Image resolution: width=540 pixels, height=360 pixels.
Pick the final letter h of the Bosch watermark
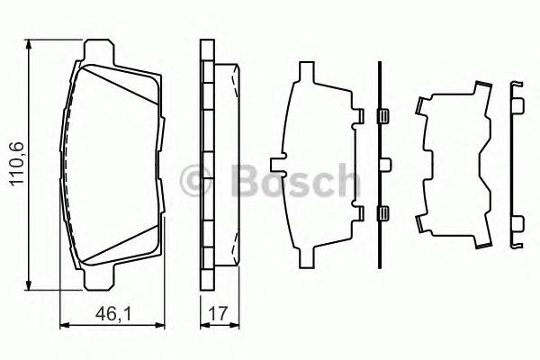(340, 180)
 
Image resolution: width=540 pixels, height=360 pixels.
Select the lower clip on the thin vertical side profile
(382, 213)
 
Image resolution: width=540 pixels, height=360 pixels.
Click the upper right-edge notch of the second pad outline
(359, 116)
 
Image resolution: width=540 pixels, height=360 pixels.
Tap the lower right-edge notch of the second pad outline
(359, 213)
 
